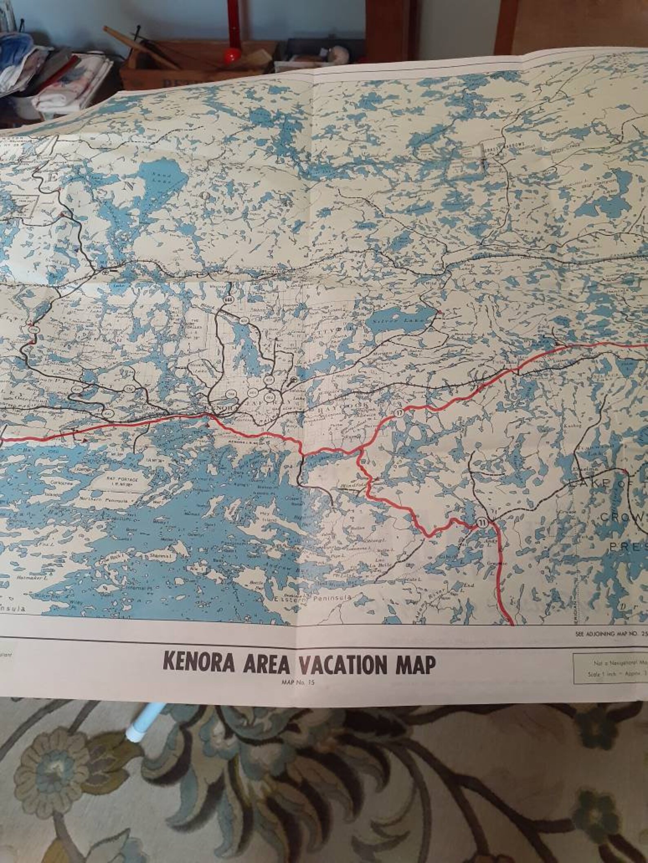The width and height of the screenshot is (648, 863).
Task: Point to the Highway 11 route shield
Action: [x=482, y=522]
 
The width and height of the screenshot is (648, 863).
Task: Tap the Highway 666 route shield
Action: [x=228, y=300]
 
